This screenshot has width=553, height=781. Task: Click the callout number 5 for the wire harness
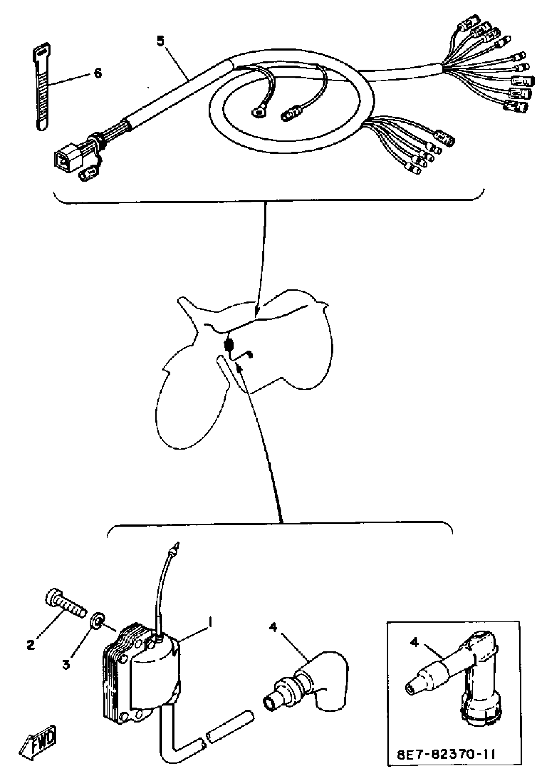point(160,41)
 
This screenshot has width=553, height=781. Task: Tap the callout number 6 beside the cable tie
point(98,73)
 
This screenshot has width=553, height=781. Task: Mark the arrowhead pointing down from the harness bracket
point(257,310)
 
